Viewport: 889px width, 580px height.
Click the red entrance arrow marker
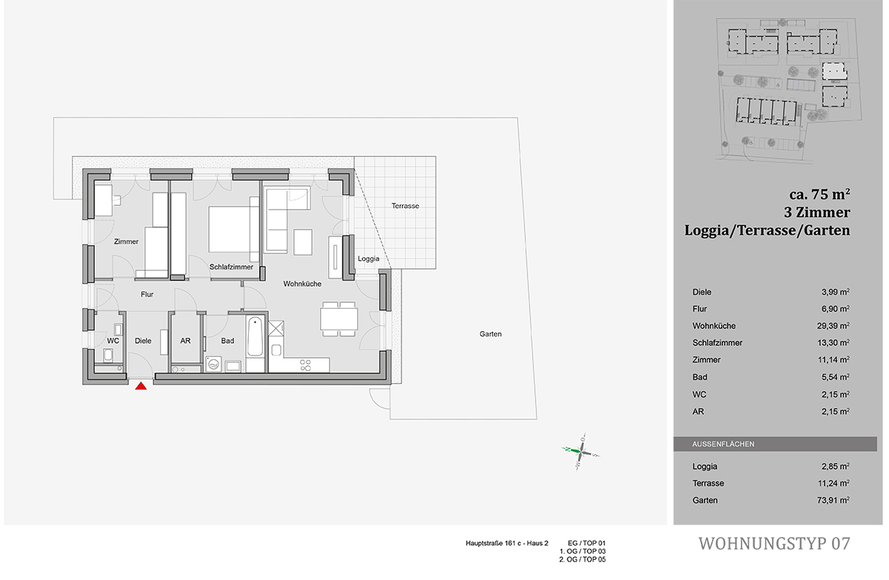click(141, 384)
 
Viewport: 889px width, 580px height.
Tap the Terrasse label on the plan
click(405, 206)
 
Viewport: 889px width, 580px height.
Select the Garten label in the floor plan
click(490, 334)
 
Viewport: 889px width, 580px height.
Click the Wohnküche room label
click(302, 284)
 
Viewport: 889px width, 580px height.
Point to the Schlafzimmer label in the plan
click(231, 267)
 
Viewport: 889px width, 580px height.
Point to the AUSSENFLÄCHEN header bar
click(775, 444)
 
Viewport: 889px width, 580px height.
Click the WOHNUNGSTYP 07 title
click(774, 544)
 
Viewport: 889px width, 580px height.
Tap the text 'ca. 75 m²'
click(819, 195)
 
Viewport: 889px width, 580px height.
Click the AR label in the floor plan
click(185, 341)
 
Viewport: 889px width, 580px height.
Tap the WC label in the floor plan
click(113, 341)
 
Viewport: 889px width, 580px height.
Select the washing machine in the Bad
click(213, 364)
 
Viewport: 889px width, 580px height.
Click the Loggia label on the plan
click(368, 259)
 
